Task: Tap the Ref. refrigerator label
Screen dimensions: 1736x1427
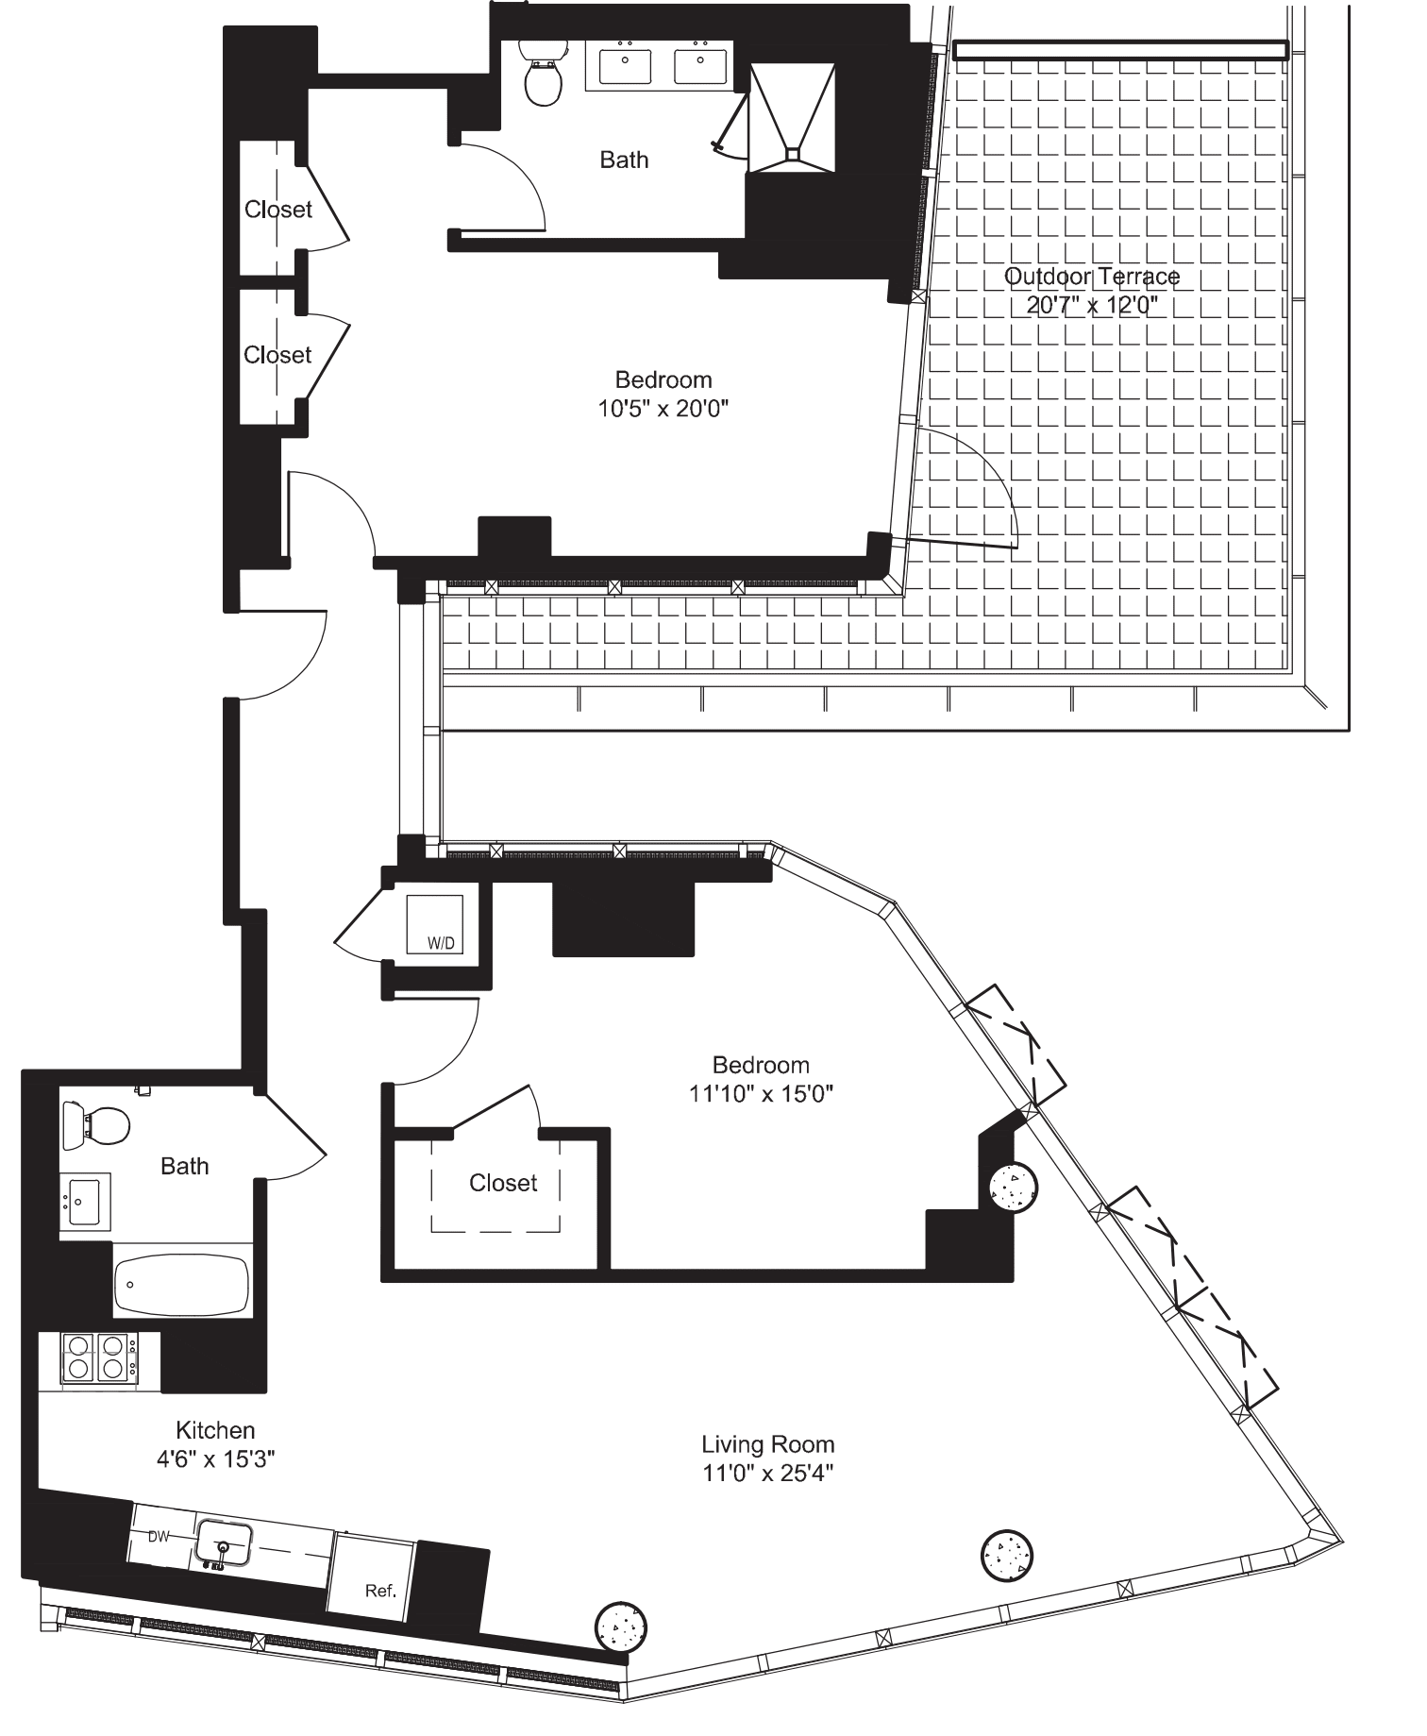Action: (380, 1591)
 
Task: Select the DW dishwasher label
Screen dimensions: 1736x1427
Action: (159, 1536)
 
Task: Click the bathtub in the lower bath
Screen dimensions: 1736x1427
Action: (181, 1284)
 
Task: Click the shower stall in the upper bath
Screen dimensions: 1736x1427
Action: (792, 117)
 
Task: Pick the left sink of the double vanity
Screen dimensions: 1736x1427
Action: (625, 67)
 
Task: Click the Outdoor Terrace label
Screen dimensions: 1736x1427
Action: (1091, 277)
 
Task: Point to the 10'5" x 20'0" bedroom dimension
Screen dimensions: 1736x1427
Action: (663, 409)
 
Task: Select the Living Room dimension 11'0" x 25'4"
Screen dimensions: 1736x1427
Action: (767, 1472)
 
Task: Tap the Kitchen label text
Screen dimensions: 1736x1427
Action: (215, 1430)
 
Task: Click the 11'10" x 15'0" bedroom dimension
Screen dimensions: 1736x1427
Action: (761, 1093)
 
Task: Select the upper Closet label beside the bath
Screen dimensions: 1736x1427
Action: (277, 210)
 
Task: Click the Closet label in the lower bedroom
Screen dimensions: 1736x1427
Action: (503, 1183)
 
